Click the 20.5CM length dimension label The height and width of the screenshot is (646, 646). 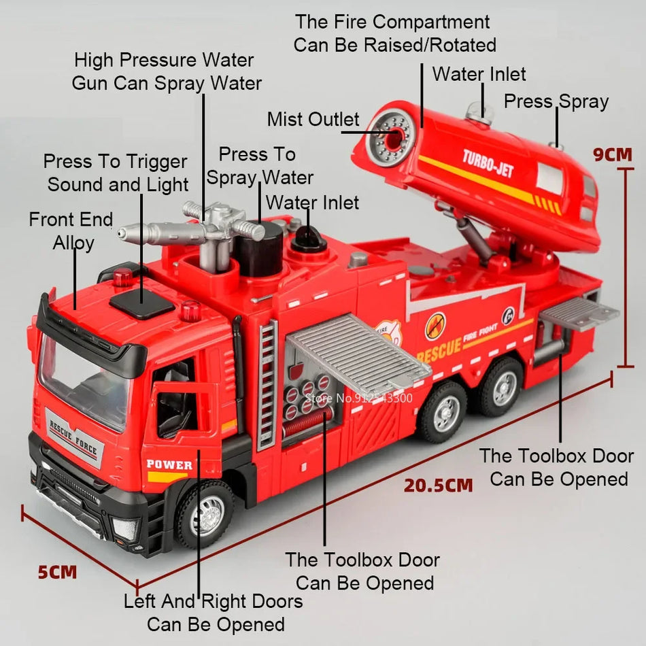coord(438,486)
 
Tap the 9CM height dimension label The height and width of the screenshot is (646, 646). coord(612,154)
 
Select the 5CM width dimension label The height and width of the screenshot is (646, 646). coord(57,572)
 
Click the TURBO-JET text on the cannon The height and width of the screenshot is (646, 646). coord(488,163)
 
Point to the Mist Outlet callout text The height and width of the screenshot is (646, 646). coord(313,120)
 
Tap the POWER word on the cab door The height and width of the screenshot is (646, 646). coord(169,465)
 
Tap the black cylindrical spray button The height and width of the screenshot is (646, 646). coord(258,248)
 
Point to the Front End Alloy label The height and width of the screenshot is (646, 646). coord(71,231)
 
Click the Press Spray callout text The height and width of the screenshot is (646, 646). coord(556,102)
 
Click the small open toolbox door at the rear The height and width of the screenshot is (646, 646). coord(578,313)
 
